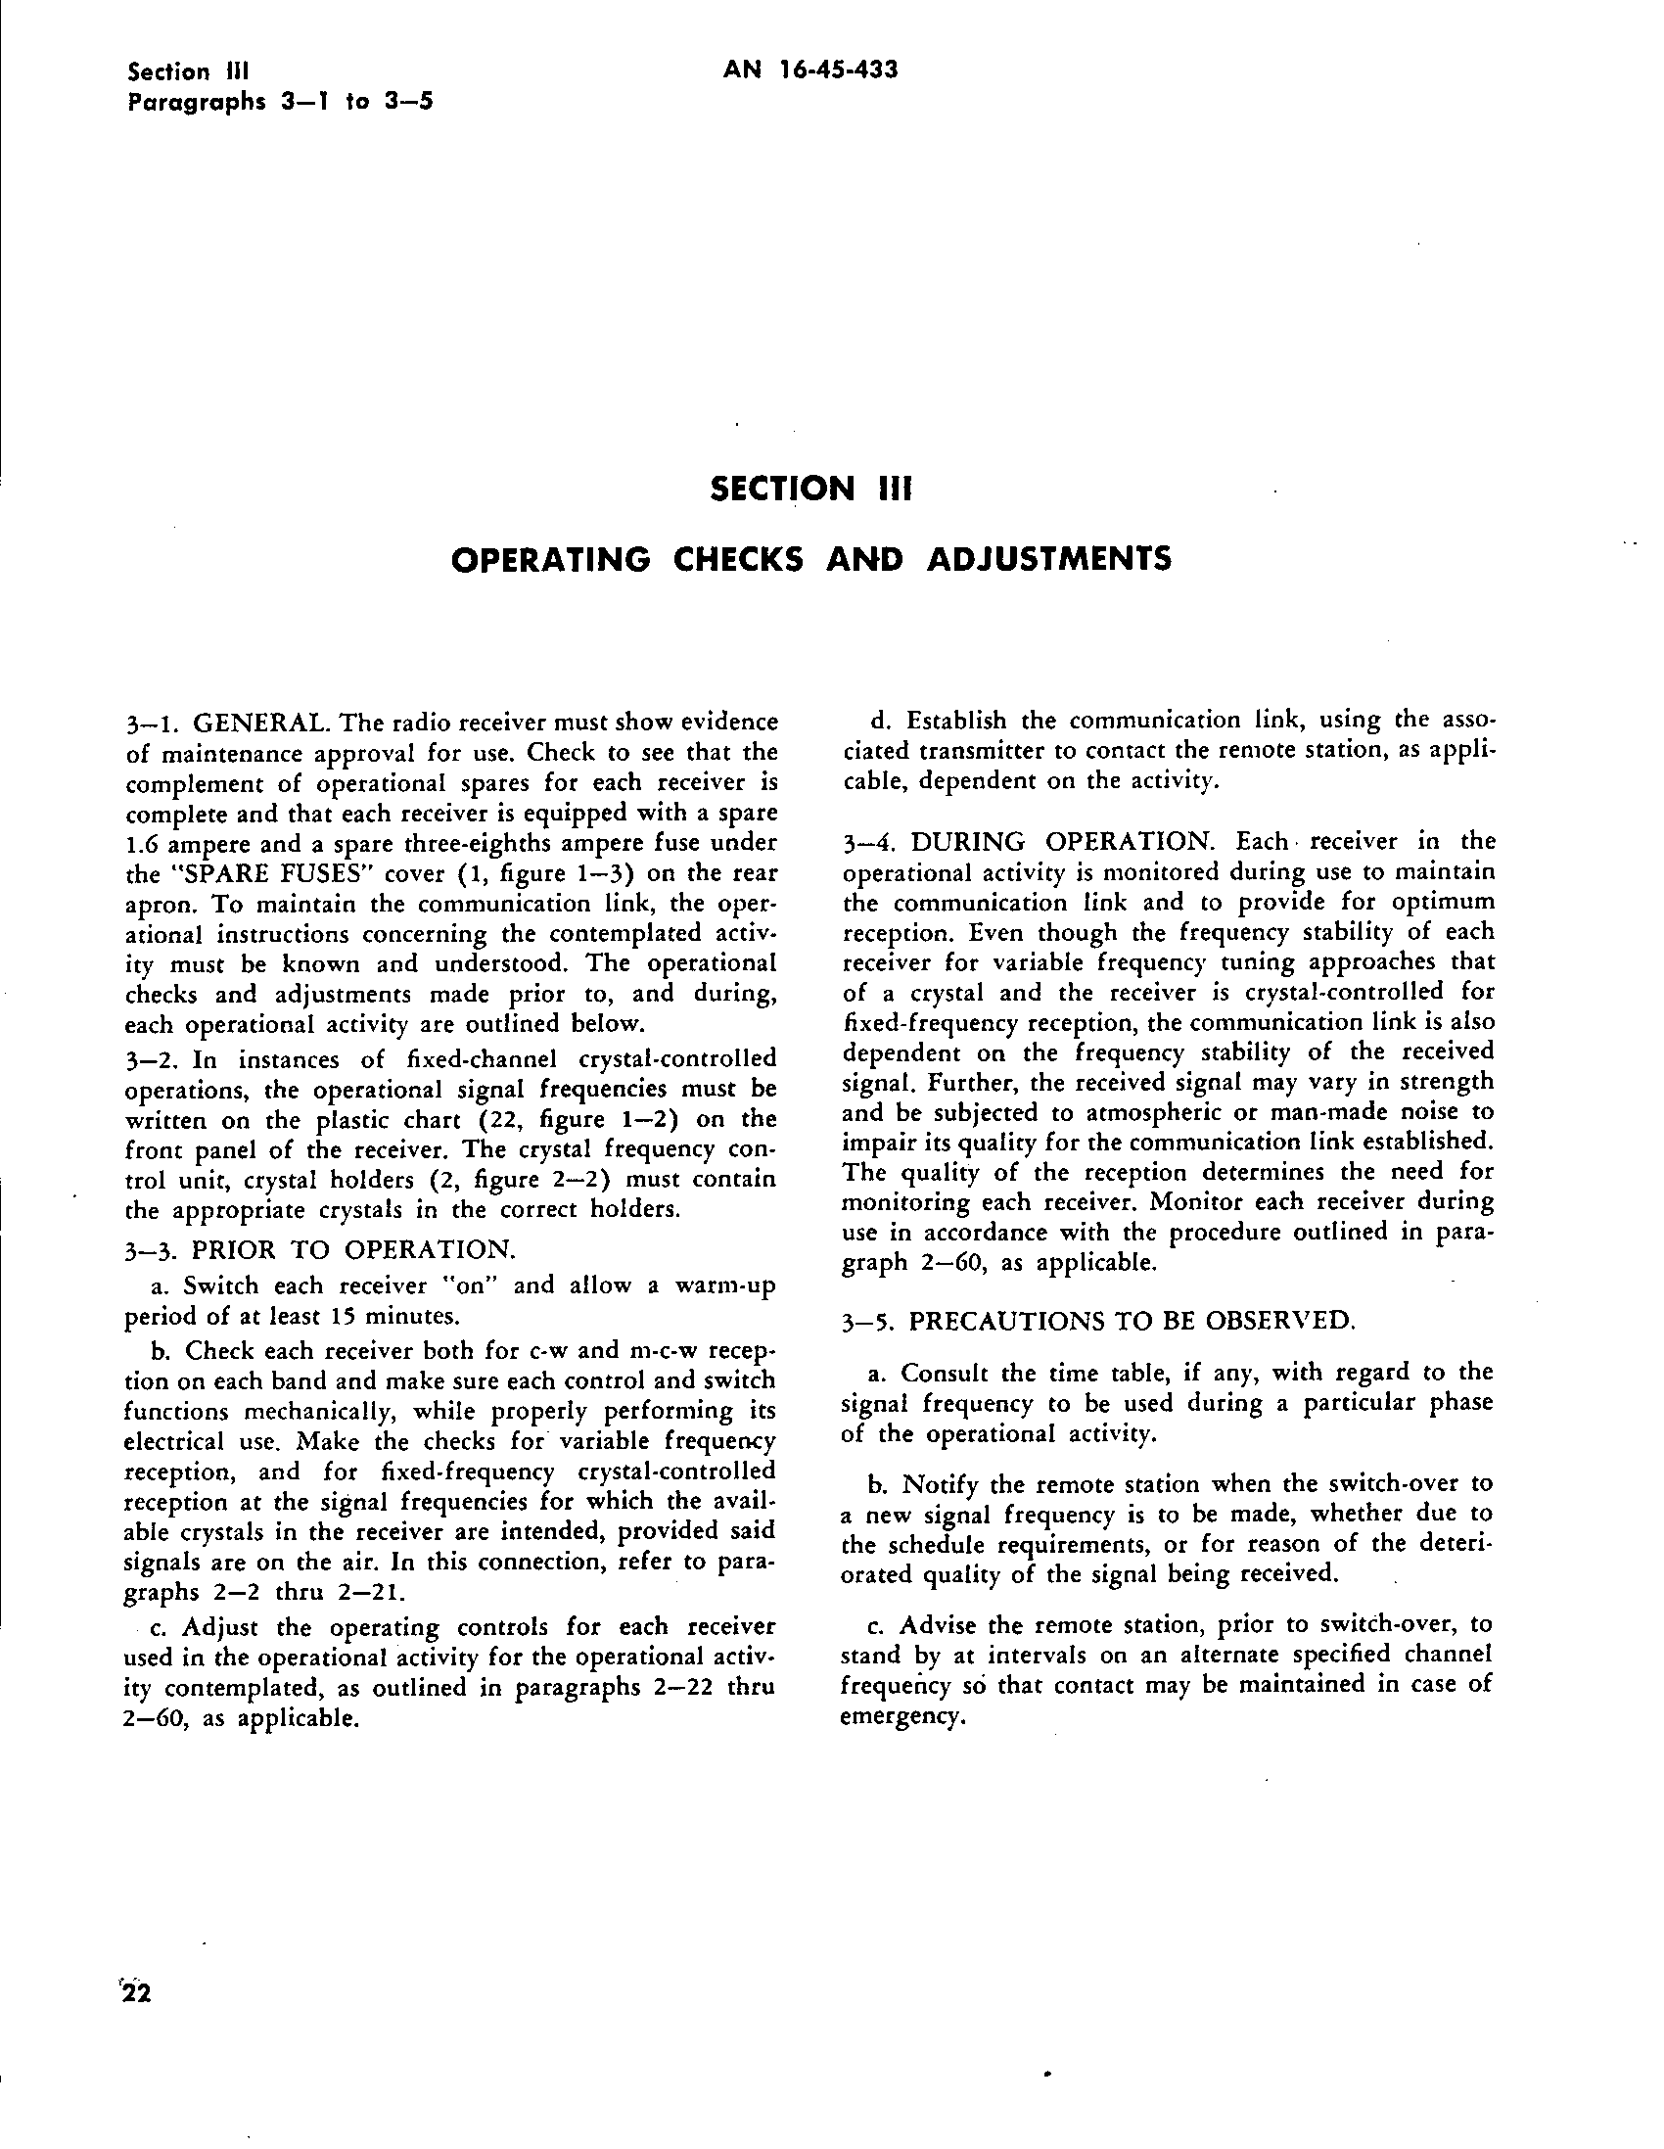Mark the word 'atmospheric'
[x=1098, y=1113]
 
